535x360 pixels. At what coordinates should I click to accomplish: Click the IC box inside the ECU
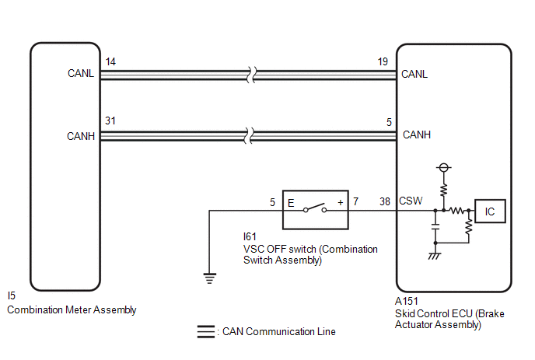490,211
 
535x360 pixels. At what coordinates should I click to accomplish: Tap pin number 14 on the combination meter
110,61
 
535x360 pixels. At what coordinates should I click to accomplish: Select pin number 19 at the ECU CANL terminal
383,61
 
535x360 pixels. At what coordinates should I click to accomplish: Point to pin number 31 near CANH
110,121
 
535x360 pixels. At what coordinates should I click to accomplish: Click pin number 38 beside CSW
385,201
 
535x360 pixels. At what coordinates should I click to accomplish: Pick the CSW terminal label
411,201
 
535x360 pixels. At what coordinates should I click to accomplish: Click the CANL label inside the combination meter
81,73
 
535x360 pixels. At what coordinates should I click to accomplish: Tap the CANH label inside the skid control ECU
417,135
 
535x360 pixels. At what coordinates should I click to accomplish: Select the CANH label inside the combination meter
81,136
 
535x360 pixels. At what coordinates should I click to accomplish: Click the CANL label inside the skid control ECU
414,74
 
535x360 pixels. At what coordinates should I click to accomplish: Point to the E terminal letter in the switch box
291,204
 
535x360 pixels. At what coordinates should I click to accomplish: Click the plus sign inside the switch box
340,203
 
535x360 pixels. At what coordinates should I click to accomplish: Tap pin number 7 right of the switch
356,201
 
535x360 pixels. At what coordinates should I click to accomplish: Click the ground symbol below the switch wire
209,278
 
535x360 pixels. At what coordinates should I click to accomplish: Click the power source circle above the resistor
443,167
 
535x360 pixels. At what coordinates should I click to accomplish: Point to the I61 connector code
250,236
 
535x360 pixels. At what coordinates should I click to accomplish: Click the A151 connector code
407,302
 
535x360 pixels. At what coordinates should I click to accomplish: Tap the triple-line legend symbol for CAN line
206,332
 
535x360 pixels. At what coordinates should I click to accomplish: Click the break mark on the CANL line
251,75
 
